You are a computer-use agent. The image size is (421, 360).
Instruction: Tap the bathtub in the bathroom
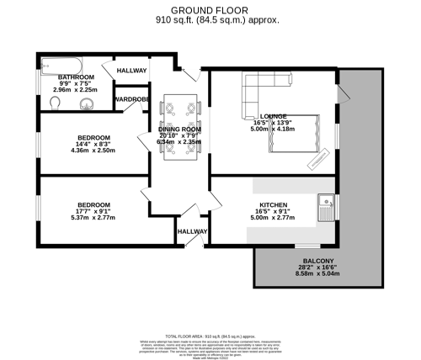(60, 63)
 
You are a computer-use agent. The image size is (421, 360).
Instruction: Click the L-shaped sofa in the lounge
(257, 91)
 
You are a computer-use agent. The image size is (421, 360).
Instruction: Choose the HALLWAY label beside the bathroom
(131, 71)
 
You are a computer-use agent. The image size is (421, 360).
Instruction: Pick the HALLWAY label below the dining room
(192, 232)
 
